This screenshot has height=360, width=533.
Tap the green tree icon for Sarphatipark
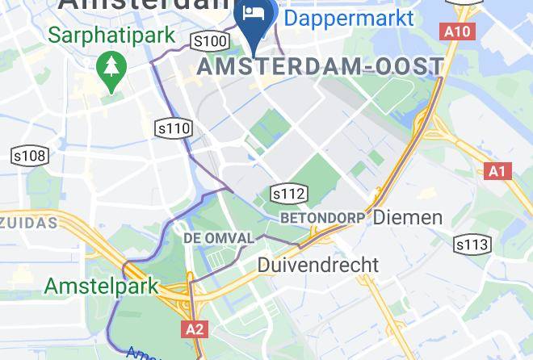[x=108, y=69]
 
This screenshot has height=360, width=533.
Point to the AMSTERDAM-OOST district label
[x=321, y=66]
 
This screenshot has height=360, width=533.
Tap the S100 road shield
[x=210, y=40]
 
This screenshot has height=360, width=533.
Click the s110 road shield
[x=174, y=128]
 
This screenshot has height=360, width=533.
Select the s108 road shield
[x=30, y=156]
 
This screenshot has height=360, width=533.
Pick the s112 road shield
[x=288, y=194]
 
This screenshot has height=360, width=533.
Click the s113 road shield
[x=472, y=245]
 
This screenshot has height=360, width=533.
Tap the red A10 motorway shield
[x=455, y=31]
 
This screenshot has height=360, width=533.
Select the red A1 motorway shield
[x=498, y=171]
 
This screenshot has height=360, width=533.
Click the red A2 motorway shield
[x=195, y=329]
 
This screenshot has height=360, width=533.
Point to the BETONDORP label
[x=322, y=218]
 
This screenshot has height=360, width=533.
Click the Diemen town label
[x=408, y=217]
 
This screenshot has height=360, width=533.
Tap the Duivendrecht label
[x=317, y=264]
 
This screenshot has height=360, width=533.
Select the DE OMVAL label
[x=218, y=238]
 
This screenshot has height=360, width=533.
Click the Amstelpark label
[x=102, y=286]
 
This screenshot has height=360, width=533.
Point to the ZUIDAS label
[x=28, y=221]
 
